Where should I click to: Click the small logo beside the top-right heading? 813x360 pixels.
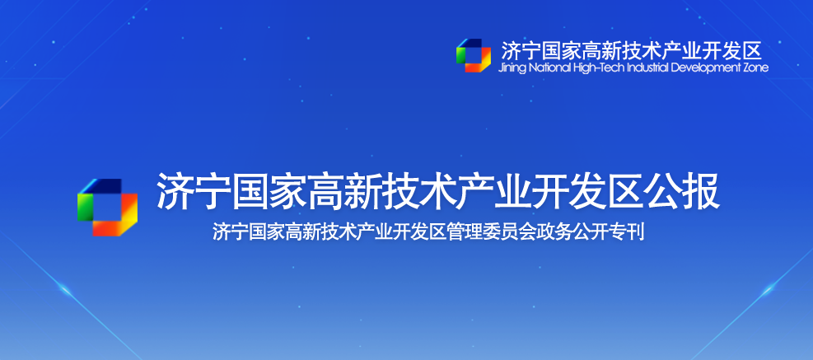coord(474,55)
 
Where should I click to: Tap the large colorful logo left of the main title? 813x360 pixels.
coord(107,208)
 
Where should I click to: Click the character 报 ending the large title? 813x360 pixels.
coord(702,191)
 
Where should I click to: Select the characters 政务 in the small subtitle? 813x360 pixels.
coord(562,232)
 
